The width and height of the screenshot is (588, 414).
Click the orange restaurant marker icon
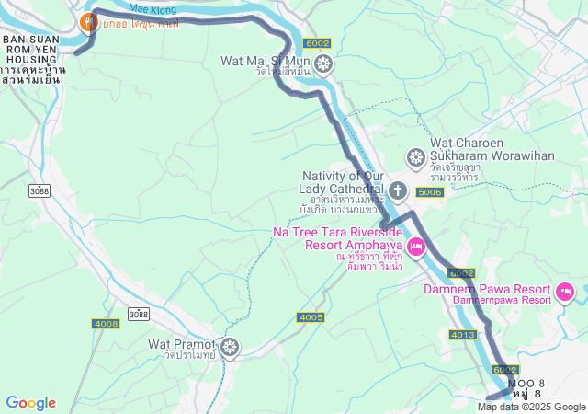88,21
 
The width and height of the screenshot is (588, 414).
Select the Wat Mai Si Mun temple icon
322,63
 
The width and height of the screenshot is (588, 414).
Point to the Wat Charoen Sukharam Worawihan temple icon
414,156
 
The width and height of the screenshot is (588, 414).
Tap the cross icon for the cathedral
398,191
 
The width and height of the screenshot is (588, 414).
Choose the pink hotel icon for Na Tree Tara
415,246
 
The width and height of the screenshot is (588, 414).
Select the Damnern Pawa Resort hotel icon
564,293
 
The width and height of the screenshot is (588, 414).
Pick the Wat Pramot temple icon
229,347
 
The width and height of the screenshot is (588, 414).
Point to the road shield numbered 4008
107,324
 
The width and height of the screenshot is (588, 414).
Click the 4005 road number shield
311,317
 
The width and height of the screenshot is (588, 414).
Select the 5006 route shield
429,192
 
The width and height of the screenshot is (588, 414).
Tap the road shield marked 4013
462,334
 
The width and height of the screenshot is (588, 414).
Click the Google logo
30,403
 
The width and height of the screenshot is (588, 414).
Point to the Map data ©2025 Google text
531,407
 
